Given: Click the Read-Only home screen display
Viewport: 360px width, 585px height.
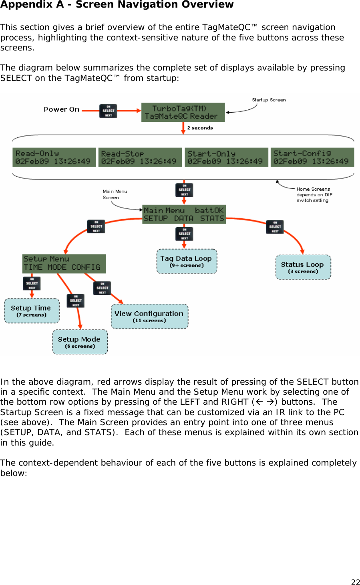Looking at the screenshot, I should (x=54, y=157).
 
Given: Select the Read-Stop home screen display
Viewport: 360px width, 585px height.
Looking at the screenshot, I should (x=140, y=157).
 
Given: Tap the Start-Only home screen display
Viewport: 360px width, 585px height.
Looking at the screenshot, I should (x=226, y=157).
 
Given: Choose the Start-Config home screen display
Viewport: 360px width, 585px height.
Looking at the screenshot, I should (x=312, y=157).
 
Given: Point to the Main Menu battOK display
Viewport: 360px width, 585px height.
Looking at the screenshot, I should (x=184, y=214).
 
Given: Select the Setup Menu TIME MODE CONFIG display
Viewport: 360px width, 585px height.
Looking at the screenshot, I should (x=64, y=263).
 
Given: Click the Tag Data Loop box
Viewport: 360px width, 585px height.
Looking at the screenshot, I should (x=187, y=261).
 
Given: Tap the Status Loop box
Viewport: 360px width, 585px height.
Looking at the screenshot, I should (x=303, y=267).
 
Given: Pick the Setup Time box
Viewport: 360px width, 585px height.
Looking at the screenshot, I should (x=32, y=311).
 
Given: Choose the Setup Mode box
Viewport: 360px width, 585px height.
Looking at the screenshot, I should (x=80, y=342).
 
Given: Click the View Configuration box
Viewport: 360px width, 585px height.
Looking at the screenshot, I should (x=149, y=316).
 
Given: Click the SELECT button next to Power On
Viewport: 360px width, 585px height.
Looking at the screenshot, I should (x=108, y=111).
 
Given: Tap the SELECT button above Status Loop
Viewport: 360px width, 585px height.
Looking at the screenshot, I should (x=275, y=227).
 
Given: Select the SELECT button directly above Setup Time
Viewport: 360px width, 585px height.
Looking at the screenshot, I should (x=32, y=283).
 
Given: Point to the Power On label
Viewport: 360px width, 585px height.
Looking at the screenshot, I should (x=61, y=109).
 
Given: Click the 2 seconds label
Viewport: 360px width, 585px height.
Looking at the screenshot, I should (x=200, y=128).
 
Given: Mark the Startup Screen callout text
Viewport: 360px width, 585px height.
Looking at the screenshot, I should (x=269, y=100).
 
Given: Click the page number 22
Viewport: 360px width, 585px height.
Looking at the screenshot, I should (x=355, y=582).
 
